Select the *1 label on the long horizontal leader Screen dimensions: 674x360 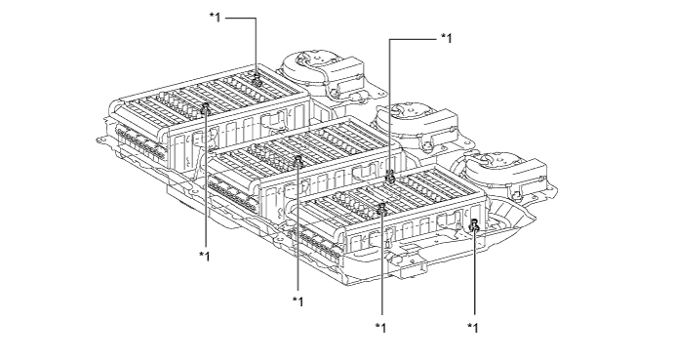447,39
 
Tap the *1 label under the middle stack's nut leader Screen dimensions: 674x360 297,301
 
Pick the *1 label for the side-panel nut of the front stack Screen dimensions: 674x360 472,328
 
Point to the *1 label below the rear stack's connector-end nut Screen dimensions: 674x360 205,256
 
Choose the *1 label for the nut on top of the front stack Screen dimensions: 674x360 380,328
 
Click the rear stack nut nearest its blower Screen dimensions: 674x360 258,80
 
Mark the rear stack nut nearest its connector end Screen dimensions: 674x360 206,109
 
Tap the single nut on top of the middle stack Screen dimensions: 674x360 297,161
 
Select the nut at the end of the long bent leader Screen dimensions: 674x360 390,177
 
